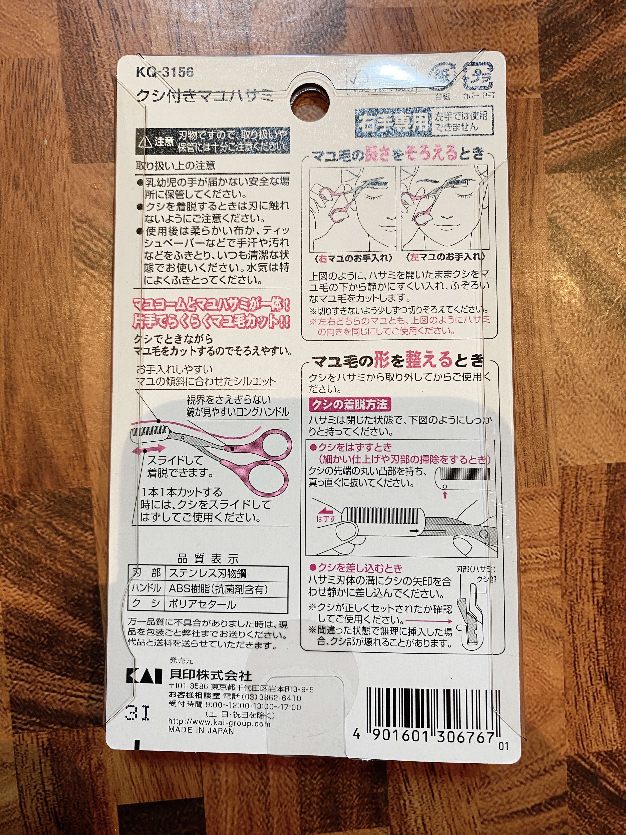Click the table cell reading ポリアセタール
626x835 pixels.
coord(202,604)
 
